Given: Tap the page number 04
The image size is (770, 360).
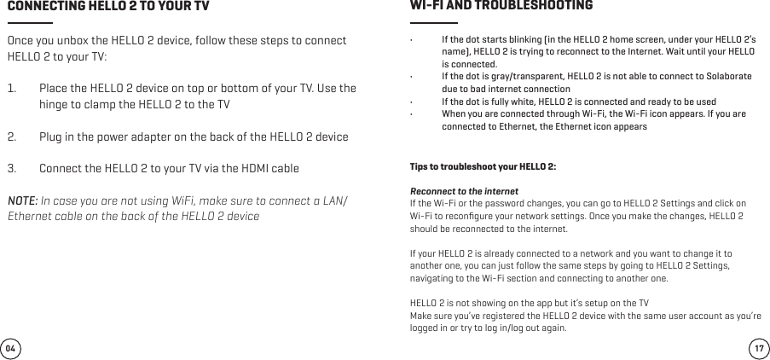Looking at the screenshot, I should (10, 348).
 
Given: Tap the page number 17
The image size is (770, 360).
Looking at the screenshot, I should (759, 348).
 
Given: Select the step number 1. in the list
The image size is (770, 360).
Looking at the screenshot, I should (13, 90).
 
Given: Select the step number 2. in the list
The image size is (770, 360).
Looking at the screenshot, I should (13, 136).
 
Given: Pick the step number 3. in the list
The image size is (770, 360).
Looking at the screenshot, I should (13, 168).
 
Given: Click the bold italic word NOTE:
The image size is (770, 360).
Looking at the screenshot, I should (22, 200).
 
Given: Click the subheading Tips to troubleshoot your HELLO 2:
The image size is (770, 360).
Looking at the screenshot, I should (483, 165).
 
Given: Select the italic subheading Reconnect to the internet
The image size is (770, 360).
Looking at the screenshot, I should (465, 190).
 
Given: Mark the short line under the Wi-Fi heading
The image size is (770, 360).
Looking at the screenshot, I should (433, 23).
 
